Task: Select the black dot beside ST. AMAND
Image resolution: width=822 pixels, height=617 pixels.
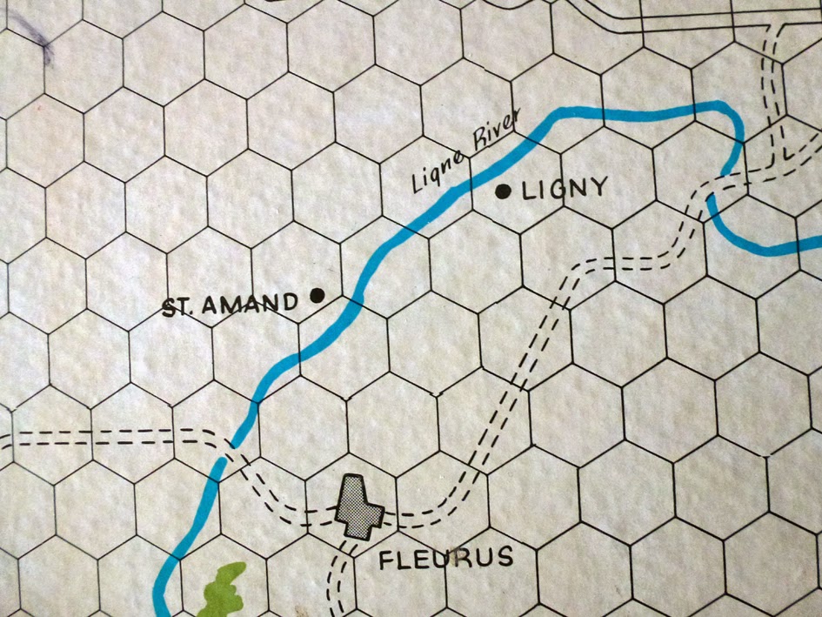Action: [317, 296]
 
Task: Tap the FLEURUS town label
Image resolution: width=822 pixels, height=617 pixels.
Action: [445, 557]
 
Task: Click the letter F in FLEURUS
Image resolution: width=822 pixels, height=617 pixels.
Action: [387, 560]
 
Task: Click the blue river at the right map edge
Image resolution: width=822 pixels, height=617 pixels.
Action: [809, 247]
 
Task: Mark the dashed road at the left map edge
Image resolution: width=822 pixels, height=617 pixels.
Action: [7, 437]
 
